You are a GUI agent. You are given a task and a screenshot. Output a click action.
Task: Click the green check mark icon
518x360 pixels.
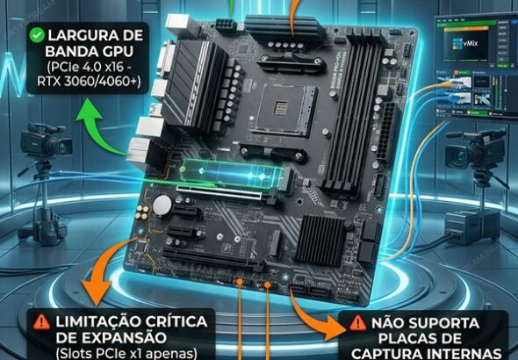pos(36,37)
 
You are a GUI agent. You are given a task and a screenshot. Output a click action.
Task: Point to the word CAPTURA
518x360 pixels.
pos(392,354)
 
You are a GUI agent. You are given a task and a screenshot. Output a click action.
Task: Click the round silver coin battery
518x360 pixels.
pos(162,204)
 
